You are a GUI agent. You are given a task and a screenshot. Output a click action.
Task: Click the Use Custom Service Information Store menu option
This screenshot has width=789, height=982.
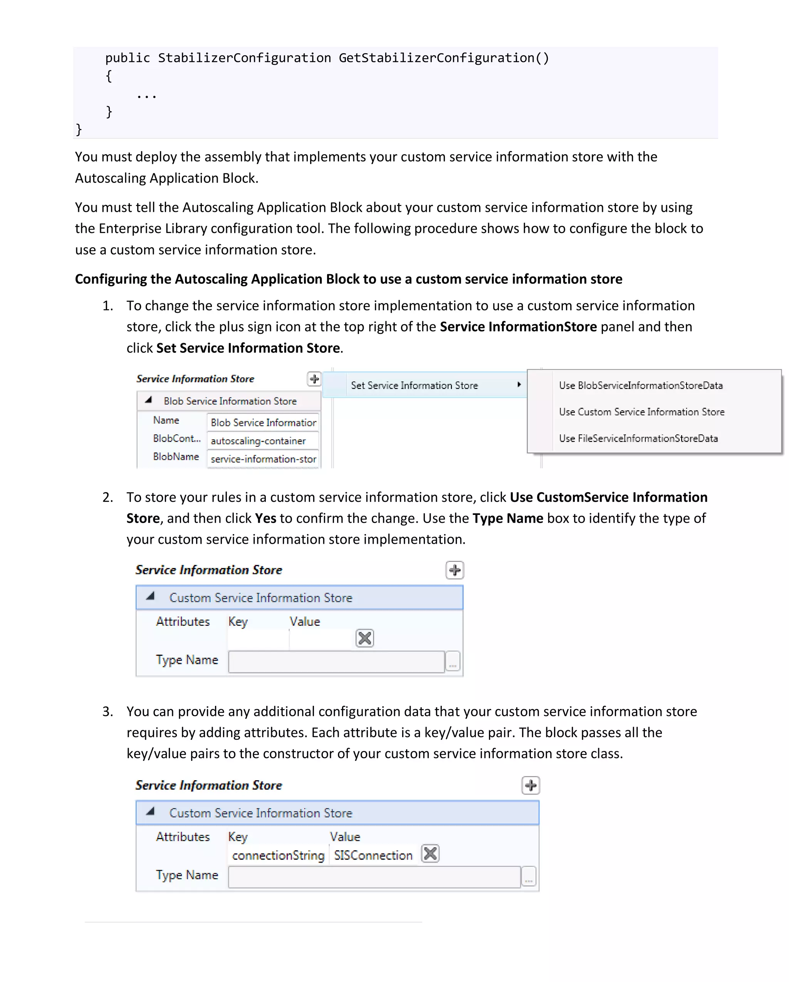click(x=641, y=412)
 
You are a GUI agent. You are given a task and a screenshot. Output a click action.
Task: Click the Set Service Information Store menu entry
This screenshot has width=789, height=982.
click(x=414, y=385)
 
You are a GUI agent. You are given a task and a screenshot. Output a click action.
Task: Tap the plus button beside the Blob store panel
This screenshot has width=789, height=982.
click(x=314, y=379)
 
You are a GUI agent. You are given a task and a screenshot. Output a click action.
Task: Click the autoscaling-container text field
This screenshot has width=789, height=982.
click(x=262, y=441)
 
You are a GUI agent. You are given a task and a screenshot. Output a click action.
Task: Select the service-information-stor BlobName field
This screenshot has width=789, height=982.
click(x=262, y=459)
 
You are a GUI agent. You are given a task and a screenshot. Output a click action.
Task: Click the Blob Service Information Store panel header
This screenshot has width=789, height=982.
click(x=230, y=401)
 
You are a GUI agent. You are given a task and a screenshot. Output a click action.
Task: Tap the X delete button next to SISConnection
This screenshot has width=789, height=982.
click(x=430, y=853)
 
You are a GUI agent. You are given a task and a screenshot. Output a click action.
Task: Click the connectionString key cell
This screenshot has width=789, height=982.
click(x=278, y=855)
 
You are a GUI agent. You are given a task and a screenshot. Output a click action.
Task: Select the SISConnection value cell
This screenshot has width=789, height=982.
click(x=373, y=855)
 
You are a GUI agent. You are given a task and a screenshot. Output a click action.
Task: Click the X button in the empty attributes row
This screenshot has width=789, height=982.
click(x=364, y=638)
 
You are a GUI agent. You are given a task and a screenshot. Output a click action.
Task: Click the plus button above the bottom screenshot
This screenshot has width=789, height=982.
click(x=530, y=785)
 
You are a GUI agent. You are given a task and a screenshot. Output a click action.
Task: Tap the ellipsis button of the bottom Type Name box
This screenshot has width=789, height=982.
click(x=529, y=877)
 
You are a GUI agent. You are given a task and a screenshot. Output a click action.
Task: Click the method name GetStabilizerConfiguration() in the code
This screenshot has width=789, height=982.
click(x=444, y=58)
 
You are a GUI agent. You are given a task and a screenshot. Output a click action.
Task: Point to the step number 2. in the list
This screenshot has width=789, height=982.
click(x=107, y=497)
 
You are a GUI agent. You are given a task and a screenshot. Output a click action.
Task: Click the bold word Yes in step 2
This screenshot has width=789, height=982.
click(x=265, y=518)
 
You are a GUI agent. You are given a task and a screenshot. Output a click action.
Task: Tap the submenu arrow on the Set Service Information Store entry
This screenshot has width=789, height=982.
click(x=519, y=384)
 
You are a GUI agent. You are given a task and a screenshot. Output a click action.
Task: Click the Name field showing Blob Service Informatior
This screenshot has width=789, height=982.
click(x=262, y=422)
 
